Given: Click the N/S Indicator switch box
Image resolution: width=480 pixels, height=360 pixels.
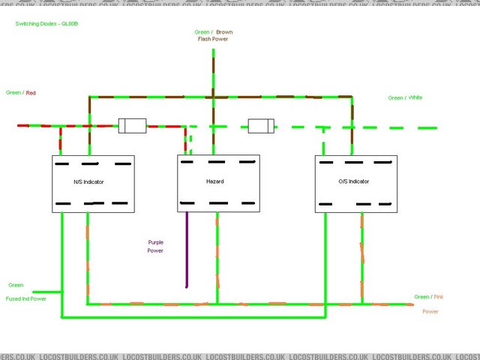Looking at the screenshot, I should [x=93, y=184].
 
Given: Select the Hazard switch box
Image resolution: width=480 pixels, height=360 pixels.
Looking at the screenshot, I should [x=218, y=183].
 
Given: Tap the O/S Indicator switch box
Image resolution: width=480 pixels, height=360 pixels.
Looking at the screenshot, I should [x=355, y=184].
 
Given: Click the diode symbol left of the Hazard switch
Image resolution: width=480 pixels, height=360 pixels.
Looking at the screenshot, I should [x=132, y=125].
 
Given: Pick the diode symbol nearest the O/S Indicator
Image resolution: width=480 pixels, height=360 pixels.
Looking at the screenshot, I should [x=262, y=125].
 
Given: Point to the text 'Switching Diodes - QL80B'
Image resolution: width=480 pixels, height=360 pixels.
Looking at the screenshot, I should [x=47, y=24].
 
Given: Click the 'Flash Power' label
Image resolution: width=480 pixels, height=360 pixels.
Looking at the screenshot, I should [x=213, y=39].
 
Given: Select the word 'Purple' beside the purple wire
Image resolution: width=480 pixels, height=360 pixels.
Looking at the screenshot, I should [x=156, y=242].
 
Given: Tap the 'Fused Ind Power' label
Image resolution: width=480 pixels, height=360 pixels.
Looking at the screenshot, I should [x=26, y=298].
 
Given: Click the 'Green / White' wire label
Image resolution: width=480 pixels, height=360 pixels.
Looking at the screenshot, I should [x=406, y=98].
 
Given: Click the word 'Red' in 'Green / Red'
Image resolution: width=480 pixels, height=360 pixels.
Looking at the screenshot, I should [x=31, y=93].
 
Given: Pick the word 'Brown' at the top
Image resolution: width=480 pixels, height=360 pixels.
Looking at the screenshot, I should [x=224, y=32].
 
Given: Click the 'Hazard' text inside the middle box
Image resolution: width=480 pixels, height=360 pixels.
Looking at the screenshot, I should [x=215, y=181].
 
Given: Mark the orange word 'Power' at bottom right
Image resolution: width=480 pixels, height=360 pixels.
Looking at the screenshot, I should [x=430, y=311].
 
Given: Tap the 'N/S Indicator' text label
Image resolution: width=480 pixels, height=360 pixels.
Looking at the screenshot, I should [x=88, y=181].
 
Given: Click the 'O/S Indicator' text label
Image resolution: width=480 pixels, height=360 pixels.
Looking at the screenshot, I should [x=352, y=181].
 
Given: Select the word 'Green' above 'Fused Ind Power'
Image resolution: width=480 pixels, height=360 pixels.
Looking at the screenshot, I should [x=16, y=285].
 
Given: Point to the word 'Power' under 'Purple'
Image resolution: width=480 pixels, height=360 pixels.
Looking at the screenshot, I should [x=156, y=250].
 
